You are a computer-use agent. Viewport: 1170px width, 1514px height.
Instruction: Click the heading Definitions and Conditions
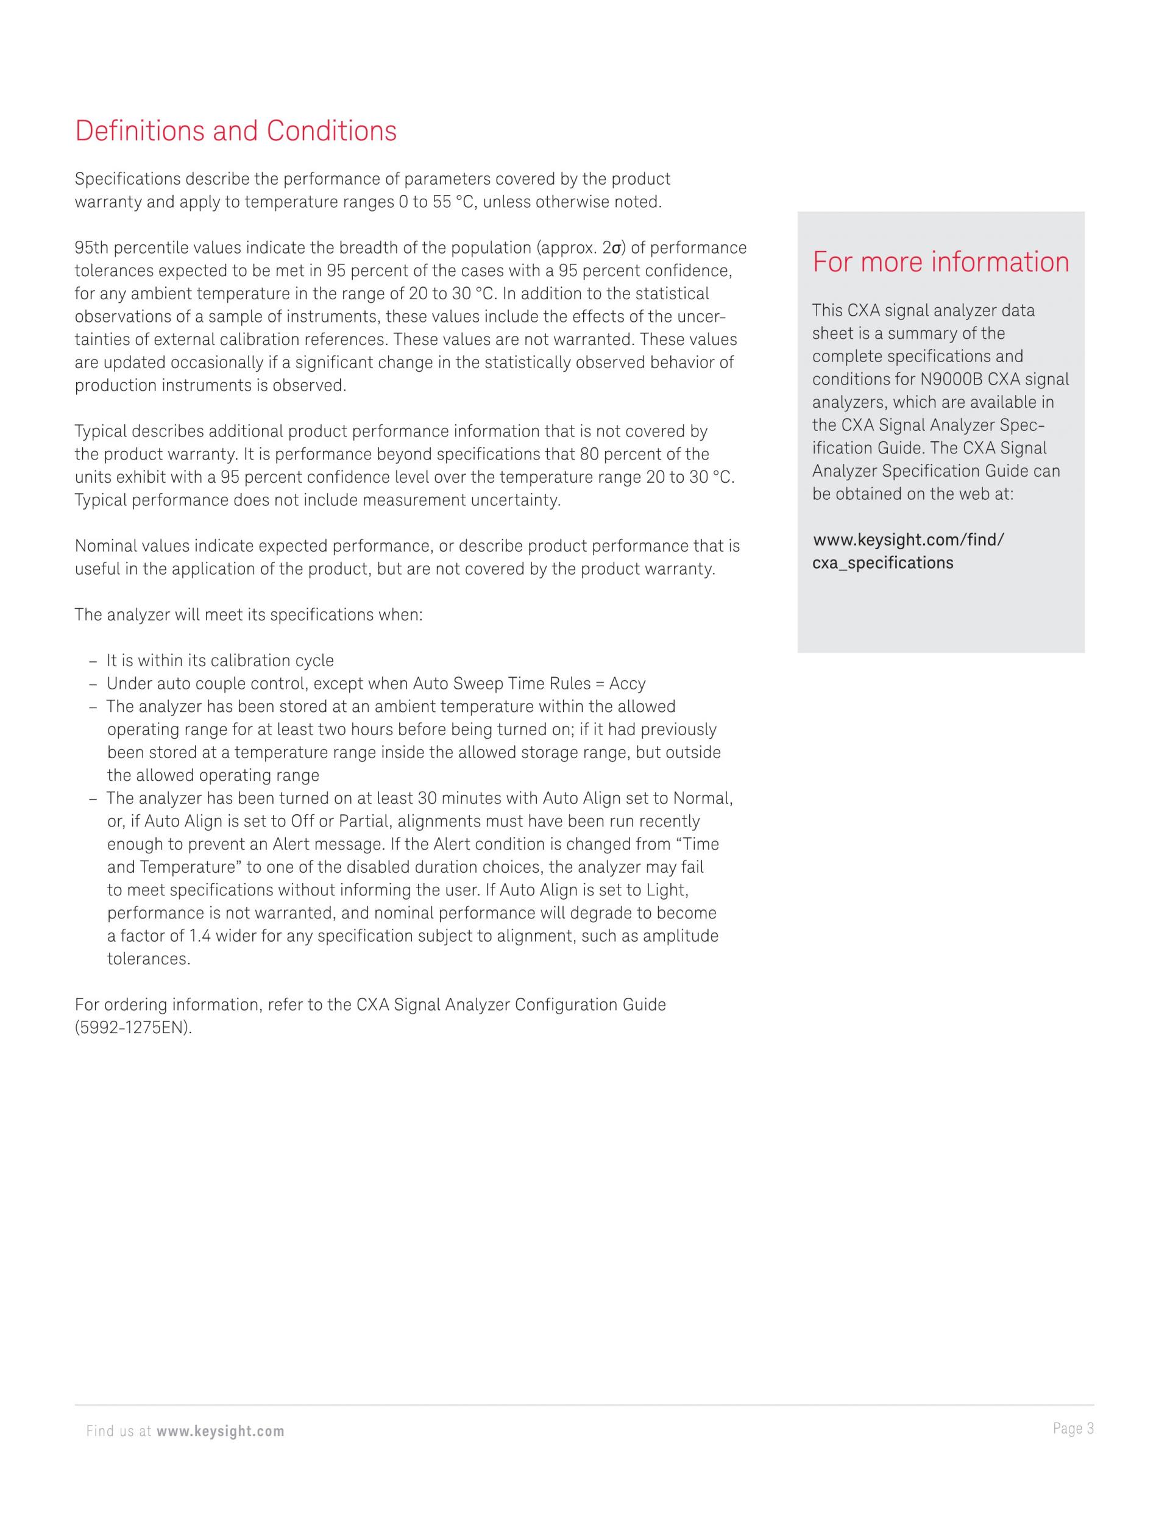coord(236,131)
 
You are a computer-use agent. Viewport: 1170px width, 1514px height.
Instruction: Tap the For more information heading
coord(941,262)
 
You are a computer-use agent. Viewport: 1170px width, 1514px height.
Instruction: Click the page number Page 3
coord(1073,1428)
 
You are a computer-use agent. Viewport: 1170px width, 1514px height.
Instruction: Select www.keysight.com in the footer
coord(221,1432)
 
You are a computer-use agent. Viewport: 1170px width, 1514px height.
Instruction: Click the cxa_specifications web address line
coord(882,563)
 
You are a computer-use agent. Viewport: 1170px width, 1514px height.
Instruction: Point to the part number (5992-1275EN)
coord(133,1028)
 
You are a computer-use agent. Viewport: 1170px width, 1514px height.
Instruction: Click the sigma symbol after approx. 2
coord(615,248)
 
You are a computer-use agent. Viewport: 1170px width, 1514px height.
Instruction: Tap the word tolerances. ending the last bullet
coord(148,959)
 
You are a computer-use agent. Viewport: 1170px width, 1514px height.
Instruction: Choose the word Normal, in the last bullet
coord(703,798)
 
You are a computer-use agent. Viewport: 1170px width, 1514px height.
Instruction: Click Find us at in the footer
coord(119,1432)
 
